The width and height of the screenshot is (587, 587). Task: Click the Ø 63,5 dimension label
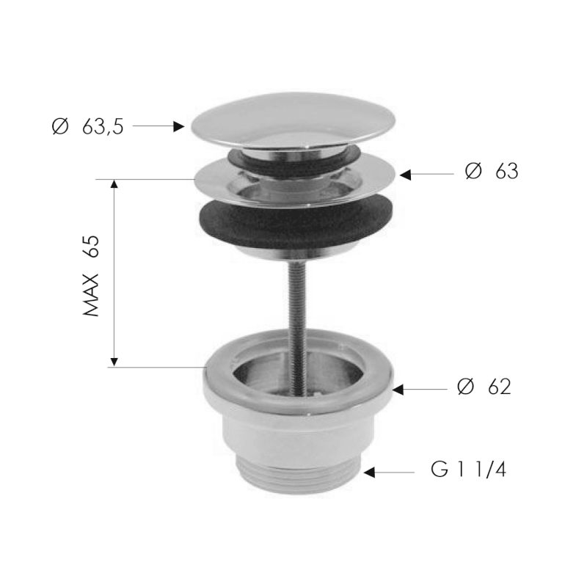coord(87,127)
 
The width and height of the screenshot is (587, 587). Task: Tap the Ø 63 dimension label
coord(491,172)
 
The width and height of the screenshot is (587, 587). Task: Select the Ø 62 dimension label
coord(484,387)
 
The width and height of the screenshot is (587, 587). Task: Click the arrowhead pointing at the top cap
coord(178,126)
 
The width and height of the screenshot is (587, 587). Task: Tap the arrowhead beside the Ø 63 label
coord(404,175)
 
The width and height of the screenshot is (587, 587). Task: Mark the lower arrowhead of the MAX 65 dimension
coord(114,361)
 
